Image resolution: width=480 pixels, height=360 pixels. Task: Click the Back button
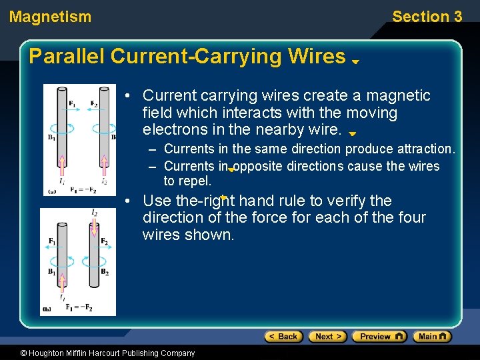(x=284, y=337)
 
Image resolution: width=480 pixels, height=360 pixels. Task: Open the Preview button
(x=379, y=337)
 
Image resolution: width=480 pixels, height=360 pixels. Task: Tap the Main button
(x=431, y=337)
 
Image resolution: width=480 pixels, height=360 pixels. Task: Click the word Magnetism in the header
(x=51, y=17)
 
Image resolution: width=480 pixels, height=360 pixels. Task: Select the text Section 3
(x=427, y=17)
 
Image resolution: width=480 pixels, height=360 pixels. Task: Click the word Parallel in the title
(x=66, y=57)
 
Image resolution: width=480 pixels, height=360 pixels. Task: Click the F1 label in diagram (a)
(x=71, y=103)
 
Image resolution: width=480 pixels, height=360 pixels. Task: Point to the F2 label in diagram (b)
(x=103, y=241)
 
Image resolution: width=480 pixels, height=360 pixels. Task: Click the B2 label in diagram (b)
(x=103, y=272)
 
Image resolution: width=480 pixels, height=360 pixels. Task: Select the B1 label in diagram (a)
(x=51, y=138)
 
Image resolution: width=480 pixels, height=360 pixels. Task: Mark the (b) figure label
(x=47, y=309)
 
